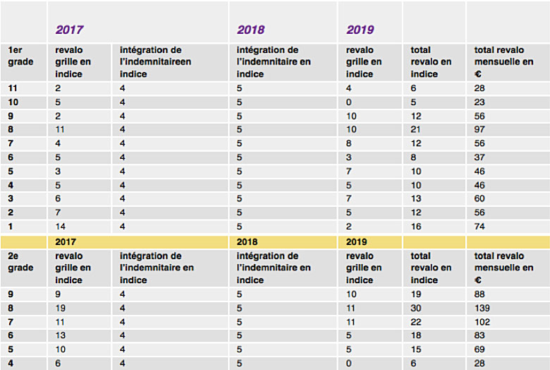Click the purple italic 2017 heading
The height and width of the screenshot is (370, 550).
click(x=69, y=30)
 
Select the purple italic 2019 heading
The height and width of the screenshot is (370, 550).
click(x=360, y=30)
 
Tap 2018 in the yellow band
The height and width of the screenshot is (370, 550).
click(x=247, y=241)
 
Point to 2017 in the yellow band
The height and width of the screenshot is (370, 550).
click(x=66, y=241)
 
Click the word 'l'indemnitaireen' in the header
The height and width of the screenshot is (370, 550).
click(x=155, y=62)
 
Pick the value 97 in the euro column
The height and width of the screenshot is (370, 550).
click(x=479, y=129)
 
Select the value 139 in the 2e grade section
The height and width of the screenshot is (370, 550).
click(x=482, y=308)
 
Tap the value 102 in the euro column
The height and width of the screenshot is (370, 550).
click(x=482, y=322)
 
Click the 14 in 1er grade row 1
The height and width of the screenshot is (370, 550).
click(x=61, y=226)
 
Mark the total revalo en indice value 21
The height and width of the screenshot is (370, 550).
click(x=415, y=129)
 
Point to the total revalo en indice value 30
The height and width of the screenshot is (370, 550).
click(x=415, y=308)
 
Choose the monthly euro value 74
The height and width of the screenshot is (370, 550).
click(x=479, y=226)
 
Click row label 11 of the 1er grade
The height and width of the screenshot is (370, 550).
click(x=12, y=88)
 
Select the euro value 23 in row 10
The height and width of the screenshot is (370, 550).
click(x=479, y=102)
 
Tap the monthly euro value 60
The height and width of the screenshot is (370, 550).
click(x=479, y=198)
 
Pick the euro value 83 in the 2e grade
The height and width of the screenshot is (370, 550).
click(x=479, y=335)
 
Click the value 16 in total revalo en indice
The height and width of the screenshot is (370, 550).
click(x=415, y=226)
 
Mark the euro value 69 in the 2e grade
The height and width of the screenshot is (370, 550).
click(x=479, y=350)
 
